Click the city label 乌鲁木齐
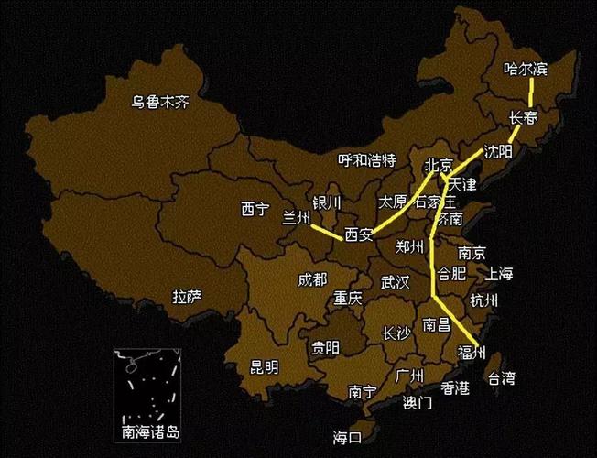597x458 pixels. click(159, 103)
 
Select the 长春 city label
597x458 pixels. click(524, 117)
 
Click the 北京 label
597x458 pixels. click(439, 166)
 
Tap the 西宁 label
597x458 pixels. click(255, 210)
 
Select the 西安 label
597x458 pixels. click(359, 235)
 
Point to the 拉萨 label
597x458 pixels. click(187, 296)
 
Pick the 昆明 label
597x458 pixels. click(264, 367)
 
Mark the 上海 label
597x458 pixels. click(500, 273)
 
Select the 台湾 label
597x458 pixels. click(501, 377)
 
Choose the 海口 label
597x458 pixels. click(347, 436)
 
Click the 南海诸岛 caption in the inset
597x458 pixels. click(149, 431)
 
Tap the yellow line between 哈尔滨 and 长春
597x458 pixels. click(531, 93)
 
